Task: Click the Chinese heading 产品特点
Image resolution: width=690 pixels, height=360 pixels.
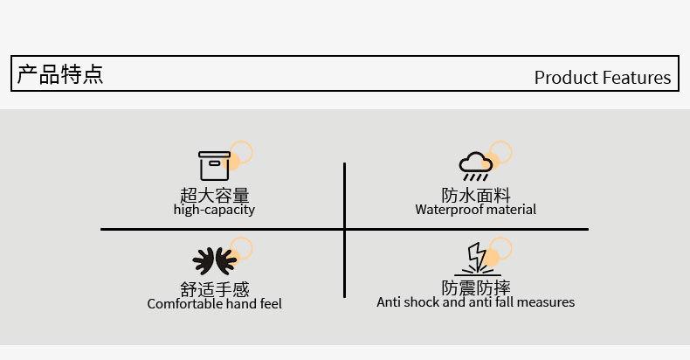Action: [x=60, y=74]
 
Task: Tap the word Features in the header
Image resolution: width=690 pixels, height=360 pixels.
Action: [x=637, y=78]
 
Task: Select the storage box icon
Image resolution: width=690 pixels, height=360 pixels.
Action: [x=214, y=165]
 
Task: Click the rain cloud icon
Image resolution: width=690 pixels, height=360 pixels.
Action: [x=476, y=165]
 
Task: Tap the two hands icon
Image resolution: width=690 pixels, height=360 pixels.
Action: [x=214, y=260]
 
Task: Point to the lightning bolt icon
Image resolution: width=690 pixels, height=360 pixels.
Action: [x=477, y=259]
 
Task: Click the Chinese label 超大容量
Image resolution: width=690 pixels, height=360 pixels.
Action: [x=214, y=195]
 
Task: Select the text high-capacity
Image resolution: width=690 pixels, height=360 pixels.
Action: [x=214, y=210]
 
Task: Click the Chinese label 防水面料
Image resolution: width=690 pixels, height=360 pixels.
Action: [x=476, y=195]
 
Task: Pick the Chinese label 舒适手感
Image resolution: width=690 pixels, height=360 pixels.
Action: [x=214, y=289]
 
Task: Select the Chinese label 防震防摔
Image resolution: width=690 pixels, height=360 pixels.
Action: [x=476, y=287]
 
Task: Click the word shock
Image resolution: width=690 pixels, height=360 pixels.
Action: [x=422, y=302]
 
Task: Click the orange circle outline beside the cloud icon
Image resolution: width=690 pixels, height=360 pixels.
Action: [x=500, y=152]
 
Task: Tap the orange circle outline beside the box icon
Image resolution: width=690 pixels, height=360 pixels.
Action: [x=241, y=153]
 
